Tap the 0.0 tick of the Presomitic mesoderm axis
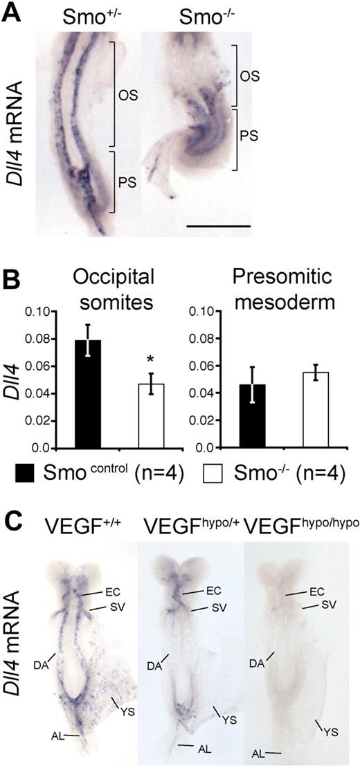[218, 448]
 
